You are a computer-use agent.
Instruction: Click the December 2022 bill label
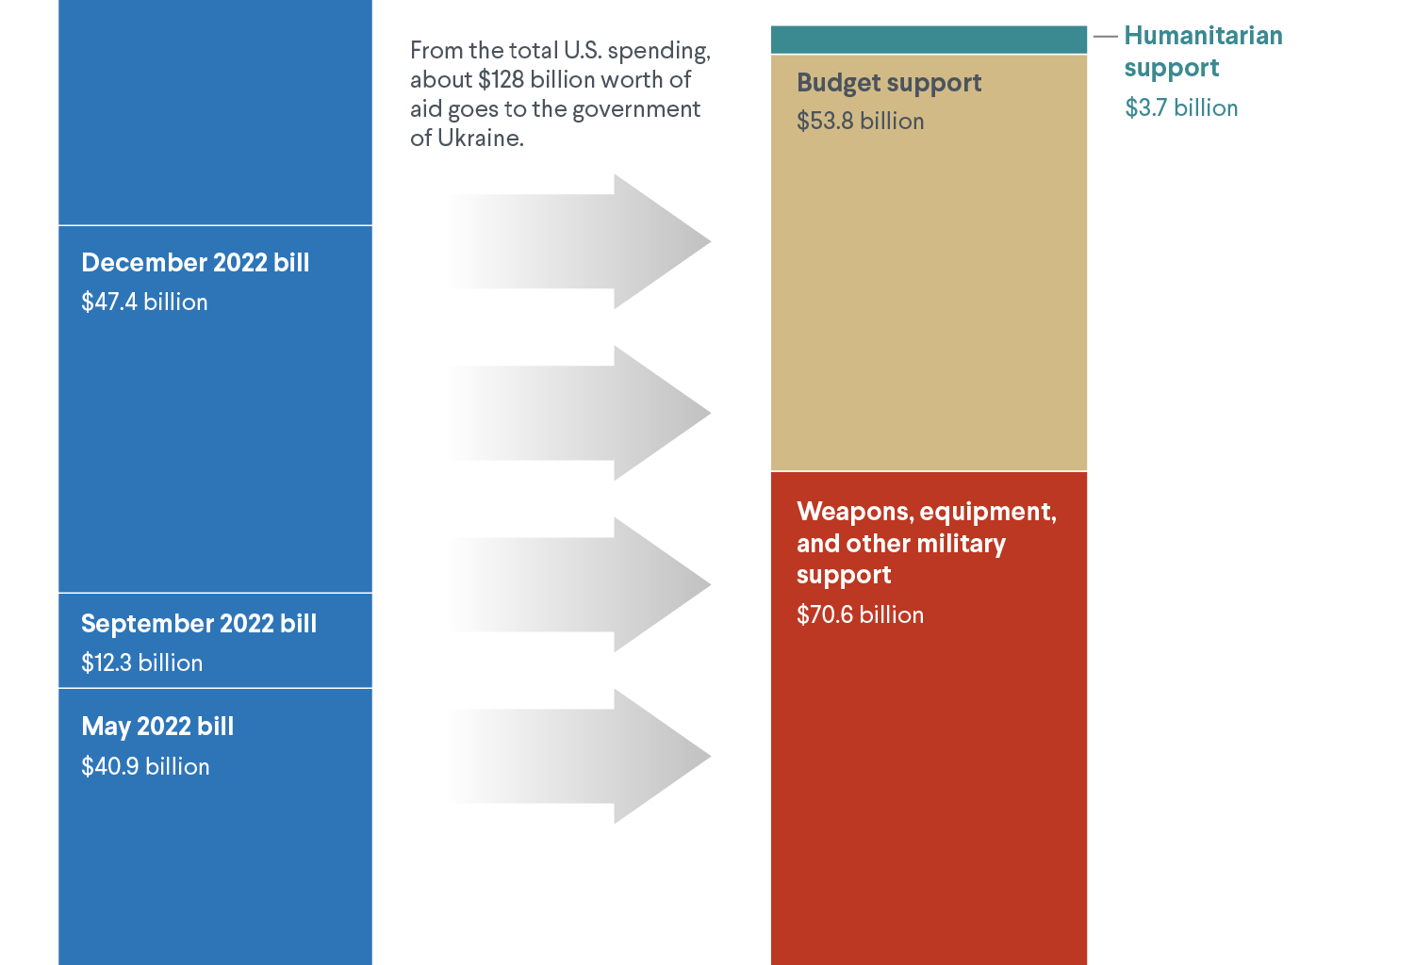195,263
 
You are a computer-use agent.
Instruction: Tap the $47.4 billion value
144,303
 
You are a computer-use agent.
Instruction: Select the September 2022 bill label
199,624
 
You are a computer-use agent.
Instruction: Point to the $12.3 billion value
141,663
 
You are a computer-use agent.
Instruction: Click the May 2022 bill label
157,727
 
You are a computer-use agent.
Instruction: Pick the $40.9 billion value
145,767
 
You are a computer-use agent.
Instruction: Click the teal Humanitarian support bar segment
929,40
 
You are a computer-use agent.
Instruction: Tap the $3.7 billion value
1181,108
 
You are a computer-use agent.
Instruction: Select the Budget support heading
889,83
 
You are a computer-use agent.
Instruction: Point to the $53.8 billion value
860,122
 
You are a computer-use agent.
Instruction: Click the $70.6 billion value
860,615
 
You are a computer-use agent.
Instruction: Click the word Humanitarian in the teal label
1203,36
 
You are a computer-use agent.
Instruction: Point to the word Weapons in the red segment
853,512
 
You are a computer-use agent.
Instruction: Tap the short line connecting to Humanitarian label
1105,37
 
